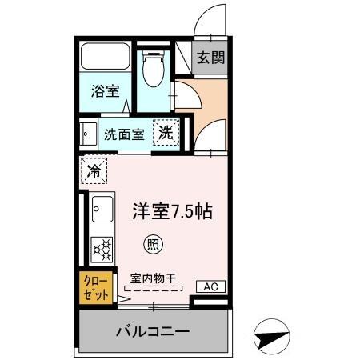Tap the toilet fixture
pyautogui.click(x=152, y=70)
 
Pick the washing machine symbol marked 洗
pyautogui.click(x=166, y=133)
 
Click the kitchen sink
pyautogui.click(x=102, y=209)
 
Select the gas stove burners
pyautogui.click(x=102, y=249)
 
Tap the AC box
pyautogui.click(x=211, y=286)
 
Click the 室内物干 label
pyautogui.click(x=153, y=278)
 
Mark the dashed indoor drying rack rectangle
pyautogui.click(x=153, y=289)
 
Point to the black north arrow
pyautogui.click(x=272, y=339)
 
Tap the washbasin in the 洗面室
pyautogui.click(x=85, y=132)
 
